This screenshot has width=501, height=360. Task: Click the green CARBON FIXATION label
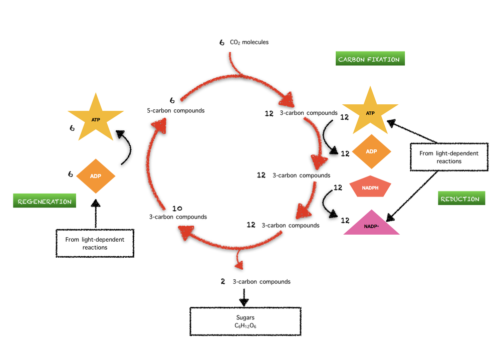(x=370, y=59)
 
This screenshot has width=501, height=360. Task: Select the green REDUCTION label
(x=460, y=199)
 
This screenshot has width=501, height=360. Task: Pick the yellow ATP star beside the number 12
(x=370, y=113)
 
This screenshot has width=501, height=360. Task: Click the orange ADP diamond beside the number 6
(x=96, y=176)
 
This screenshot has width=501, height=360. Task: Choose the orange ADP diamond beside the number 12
(x=371, y=151)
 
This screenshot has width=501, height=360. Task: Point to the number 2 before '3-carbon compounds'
(x=222, y=281)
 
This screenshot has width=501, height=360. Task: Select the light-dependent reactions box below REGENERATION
(x=95, y=243)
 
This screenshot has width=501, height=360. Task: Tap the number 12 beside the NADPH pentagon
(x=338, y=188)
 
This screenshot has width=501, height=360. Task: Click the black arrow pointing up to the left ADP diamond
(x=95, y=213)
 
